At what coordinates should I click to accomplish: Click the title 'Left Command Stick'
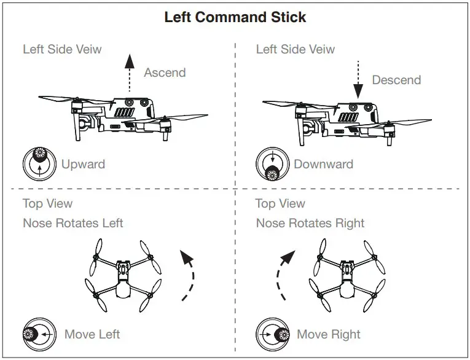235,17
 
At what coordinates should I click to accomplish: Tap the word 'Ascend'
165,72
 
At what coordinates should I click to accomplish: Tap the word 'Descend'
396,80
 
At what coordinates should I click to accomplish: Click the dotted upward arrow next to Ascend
128,72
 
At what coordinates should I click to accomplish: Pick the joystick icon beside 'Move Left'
39,334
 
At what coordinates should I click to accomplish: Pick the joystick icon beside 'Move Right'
273,334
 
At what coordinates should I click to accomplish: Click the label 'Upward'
83,164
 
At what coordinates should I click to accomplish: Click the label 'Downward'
323,164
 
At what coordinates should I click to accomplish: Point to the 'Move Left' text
92,334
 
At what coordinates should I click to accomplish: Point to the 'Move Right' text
329,334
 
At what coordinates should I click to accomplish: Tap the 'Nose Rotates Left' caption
73,222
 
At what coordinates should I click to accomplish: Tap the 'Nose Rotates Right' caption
310,222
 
